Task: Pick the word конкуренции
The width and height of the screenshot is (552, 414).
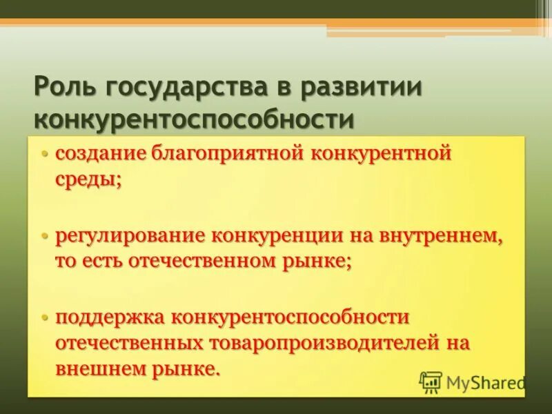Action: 279,236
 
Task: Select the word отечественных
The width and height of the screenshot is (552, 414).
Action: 128,343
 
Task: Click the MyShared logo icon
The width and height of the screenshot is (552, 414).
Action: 431,382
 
